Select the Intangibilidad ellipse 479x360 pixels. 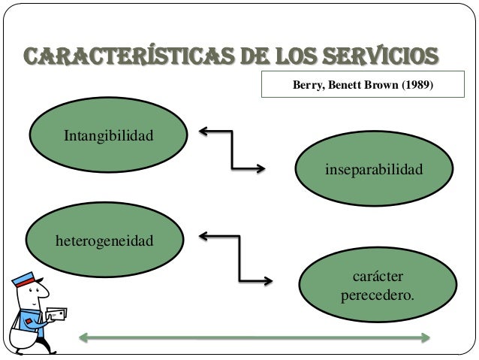[108, 138]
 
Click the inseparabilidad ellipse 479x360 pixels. [373, 171]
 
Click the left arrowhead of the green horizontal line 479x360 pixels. [85, 337]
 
